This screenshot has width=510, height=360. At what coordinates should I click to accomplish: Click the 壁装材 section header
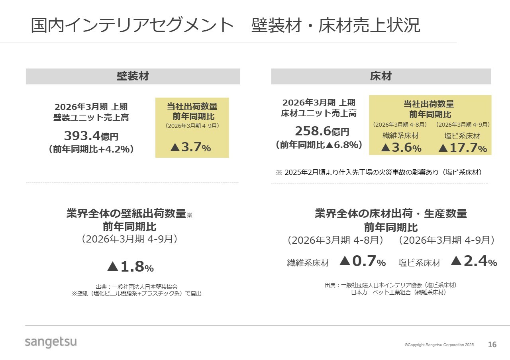pyautogui.click(x=133, y=76)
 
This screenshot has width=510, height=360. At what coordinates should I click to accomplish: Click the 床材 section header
pyautogui.click(x=381, y=76)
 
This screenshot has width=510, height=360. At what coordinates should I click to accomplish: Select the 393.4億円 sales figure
pyautogui.click(x=91, y=136)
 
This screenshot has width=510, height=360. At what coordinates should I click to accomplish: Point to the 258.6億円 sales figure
pyautogui.click(x=322, y=131)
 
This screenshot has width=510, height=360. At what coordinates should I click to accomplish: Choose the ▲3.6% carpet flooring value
pyautogui.click(x=401, y=148)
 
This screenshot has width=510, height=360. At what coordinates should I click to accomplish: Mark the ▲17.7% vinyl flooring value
pyautogui.click(x=463, y=148)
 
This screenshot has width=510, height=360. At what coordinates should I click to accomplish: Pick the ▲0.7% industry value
pyautogui.click(x=363, y=261)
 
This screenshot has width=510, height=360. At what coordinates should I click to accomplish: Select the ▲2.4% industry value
pyautogui.click(x=474, y=261)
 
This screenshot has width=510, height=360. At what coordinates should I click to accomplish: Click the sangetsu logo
pyautogui.click(x=51, y=342)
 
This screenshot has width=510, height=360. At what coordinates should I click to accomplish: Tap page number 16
pyautogui.click(x=492, y=344)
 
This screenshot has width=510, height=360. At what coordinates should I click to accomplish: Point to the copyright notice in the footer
pyautogui.click(x=439, y=345)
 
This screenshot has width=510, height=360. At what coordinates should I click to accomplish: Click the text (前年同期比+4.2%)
pyautogui.click(x=91, y=150)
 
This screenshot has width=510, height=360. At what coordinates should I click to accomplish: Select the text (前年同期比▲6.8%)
pyautogui.click(x=319, y=145)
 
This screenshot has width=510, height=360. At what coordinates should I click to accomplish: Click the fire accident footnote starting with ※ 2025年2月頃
pyautogui.click(x=379, y=172)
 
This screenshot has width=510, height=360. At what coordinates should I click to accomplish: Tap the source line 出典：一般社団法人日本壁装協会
pyautogui.click(x=137, y=286)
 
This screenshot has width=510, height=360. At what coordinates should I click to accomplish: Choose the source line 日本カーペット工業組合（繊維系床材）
pyautogui.click(x=398, y=292)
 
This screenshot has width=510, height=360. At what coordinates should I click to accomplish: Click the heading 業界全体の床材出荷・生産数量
pyautogui.click(x=390, y=213)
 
